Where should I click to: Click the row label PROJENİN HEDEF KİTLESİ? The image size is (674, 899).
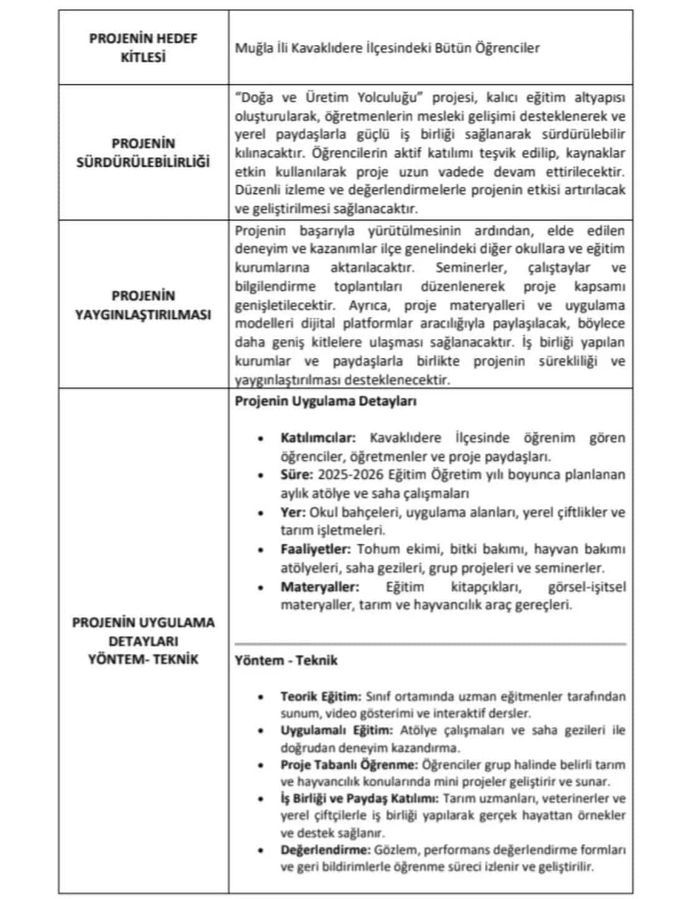point(143,47)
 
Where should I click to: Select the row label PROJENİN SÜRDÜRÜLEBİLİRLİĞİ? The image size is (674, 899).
point(143,153)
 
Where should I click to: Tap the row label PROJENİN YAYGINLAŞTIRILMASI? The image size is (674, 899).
point(143,305)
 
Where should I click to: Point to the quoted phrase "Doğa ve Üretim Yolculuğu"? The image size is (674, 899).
point(330,98)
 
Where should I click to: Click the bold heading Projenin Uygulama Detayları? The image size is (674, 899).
point(325,401)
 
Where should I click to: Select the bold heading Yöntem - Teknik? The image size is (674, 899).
point(286,661)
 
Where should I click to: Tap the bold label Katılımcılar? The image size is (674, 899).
point(318,438)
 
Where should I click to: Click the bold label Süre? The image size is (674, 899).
point(296,475)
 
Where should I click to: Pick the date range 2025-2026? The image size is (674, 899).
point(351,475)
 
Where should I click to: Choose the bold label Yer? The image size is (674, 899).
point(293,513)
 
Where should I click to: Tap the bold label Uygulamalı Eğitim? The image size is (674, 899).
point(336,730)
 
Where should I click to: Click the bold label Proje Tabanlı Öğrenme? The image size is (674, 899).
point(349,765)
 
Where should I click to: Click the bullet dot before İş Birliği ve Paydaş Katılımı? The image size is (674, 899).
point(261,799)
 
